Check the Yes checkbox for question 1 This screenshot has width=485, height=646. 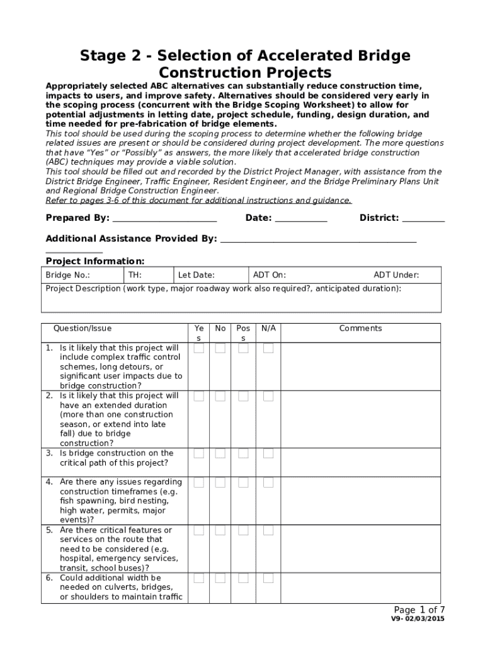198,348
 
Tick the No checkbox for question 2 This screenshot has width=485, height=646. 220,396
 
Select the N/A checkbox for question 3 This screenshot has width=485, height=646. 268,454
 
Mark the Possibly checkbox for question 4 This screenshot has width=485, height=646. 243,483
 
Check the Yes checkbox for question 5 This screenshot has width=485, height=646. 198,531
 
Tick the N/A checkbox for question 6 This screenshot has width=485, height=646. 268,578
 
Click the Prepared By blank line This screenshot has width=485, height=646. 164,219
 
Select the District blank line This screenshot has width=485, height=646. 423,219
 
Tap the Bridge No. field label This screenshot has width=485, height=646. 68,275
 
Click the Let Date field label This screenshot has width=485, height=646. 197,275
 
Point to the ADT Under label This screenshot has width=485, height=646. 396,275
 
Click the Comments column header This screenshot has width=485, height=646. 360,328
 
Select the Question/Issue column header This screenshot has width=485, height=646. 83,328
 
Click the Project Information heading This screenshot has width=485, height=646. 95,261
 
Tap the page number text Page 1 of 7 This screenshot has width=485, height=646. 419,609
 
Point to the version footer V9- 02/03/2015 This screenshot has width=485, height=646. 418,620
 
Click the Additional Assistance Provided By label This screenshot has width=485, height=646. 131,238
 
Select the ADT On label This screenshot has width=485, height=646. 270,275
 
